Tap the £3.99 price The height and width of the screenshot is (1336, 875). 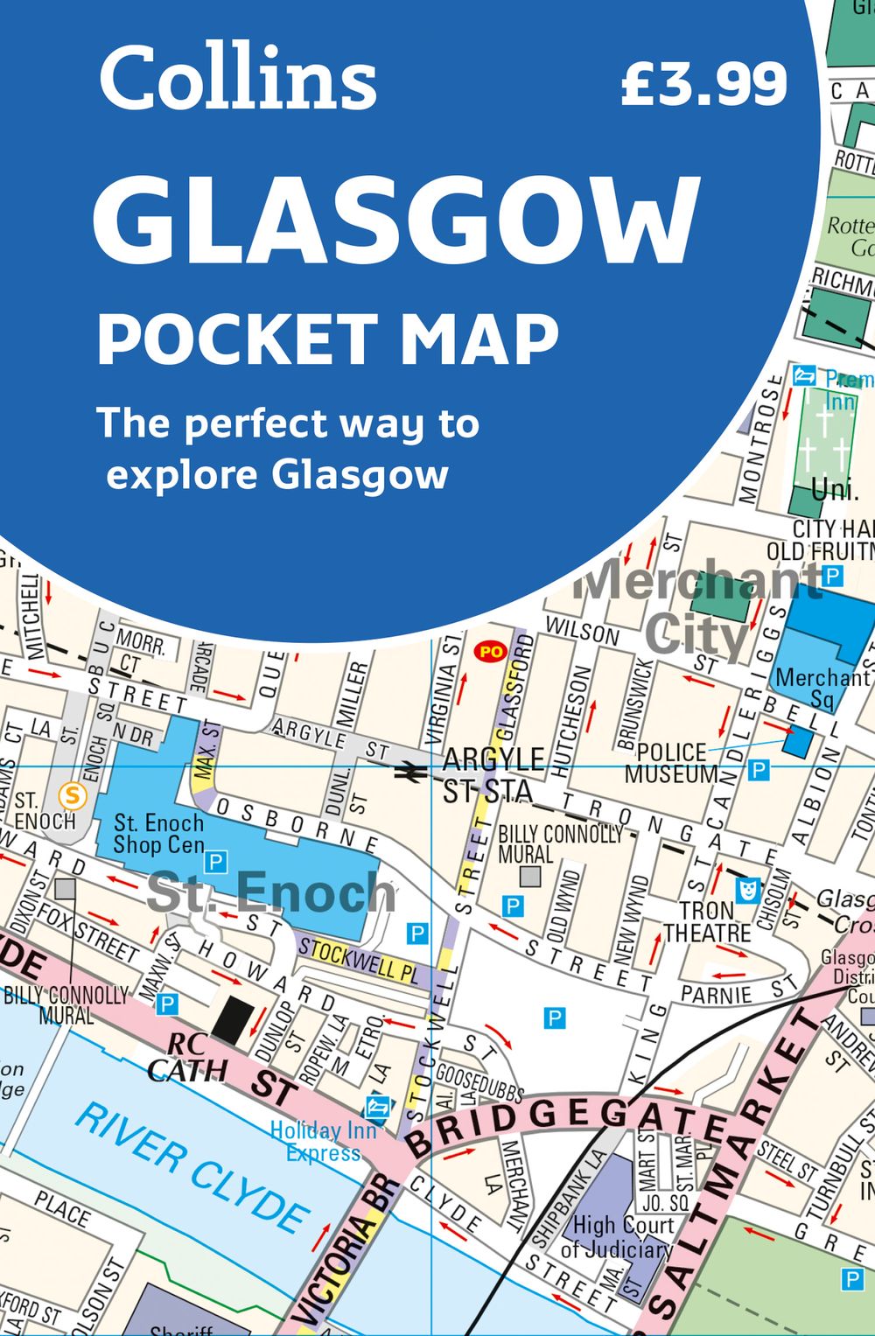coord(704,84)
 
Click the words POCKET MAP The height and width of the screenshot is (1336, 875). coord(328,339)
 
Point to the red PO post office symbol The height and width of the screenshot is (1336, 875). coord(490,651)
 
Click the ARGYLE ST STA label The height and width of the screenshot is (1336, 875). coord(493,775)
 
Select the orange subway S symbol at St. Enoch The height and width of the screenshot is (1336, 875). coord(73,795)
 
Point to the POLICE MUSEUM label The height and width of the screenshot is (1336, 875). coord(671,763)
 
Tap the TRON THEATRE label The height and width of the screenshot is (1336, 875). coord(707,922)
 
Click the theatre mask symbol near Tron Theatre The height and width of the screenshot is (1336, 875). coord(746,890)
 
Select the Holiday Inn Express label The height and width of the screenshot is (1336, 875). coord(323,1142)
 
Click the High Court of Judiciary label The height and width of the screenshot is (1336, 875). coord(616,1236)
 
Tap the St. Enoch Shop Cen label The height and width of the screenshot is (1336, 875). coord(158,834)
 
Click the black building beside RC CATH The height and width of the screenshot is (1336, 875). coord(232,1019)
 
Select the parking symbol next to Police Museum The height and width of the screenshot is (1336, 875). coord(759,770)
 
